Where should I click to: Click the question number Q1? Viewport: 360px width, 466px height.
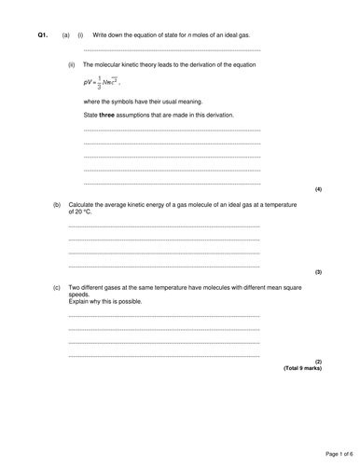[42, 35]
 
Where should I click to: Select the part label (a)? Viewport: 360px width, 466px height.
[66, 35]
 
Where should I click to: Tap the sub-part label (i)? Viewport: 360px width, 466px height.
[80, 35]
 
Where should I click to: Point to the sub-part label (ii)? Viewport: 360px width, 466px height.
[73, 65]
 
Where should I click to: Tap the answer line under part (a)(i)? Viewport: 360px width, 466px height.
[172, 50]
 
